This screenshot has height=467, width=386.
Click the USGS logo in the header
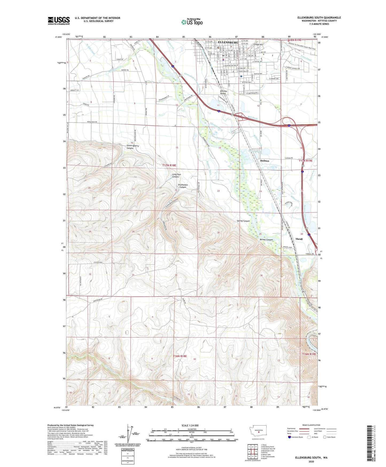(x=59, y=21)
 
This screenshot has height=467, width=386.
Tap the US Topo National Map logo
(x=192, y=22)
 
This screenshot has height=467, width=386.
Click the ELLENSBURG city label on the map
(x=228, y=43)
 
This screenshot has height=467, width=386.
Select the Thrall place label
(x=299, y=239)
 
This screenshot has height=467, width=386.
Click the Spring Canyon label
(x=243, y=221)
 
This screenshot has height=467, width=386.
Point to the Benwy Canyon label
(x=266, y=240)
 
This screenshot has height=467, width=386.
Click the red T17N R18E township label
(x=169, y=166)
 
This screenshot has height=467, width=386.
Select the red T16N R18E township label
(x=180, y=356)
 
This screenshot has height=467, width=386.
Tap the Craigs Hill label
(x=258, y=45)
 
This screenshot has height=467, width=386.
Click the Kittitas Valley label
(x=223, y=92)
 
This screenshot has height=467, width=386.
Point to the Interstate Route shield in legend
(x=290, y=437)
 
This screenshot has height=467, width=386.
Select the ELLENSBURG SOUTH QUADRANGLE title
(x=319, y=18)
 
